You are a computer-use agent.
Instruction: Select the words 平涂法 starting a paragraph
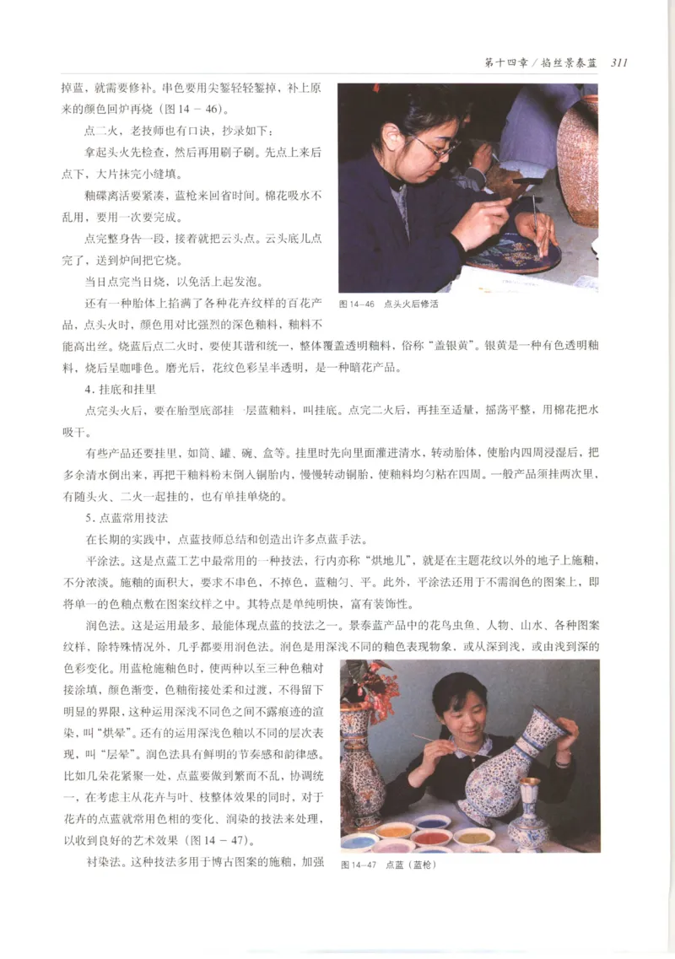(x=102, y=561)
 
